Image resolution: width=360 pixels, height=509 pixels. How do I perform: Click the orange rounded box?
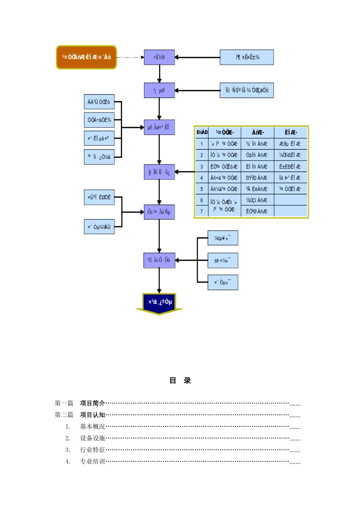coord(86,57)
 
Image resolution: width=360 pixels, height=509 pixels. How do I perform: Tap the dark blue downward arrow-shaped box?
coord(159,303)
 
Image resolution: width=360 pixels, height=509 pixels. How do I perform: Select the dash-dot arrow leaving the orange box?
coord(130,58)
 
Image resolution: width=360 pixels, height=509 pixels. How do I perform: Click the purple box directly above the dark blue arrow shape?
coord(159,260)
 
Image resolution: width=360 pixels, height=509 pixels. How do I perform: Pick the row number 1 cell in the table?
coord(202,144)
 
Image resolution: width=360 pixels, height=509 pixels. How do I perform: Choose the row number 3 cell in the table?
coord(202,167)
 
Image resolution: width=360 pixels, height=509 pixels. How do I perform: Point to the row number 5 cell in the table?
coord(202,189)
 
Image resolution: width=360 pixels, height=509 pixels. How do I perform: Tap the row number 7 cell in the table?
coord(202,211)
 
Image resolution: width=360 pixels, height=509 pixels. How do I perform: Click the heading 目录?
coord(180,381)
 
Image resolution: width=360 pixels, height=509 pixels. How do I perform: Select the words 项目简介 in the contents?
coord(92,403)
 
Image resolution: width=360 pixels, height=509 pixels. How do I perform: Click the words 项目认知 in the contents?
coord(92,415)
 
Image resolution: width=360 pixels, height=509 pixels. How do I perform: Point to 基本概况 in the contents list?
coord(92,427)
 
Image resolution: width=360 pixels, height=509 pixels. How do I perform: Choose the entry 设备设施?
coord(92,439)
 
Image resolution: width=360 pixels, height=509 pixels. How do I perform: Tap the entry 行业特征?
coord(92,450)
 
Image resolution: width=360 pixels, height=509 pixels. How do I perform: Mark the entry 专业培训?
coord(92,462)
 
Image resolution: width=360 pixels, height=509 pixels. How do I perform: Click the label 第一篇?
coord(64,403)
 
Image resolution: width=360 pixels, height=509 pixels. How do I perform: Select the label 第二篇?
coord(64,415)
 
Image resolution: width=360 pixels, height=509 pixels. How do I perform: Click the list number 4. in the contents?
coord(68,462)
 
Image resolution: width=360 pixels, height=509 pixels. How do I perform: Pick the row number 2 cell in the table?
coord(202,155)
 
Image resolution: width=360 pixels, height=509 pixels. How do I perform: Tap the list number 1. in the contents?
coord(68,427)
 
